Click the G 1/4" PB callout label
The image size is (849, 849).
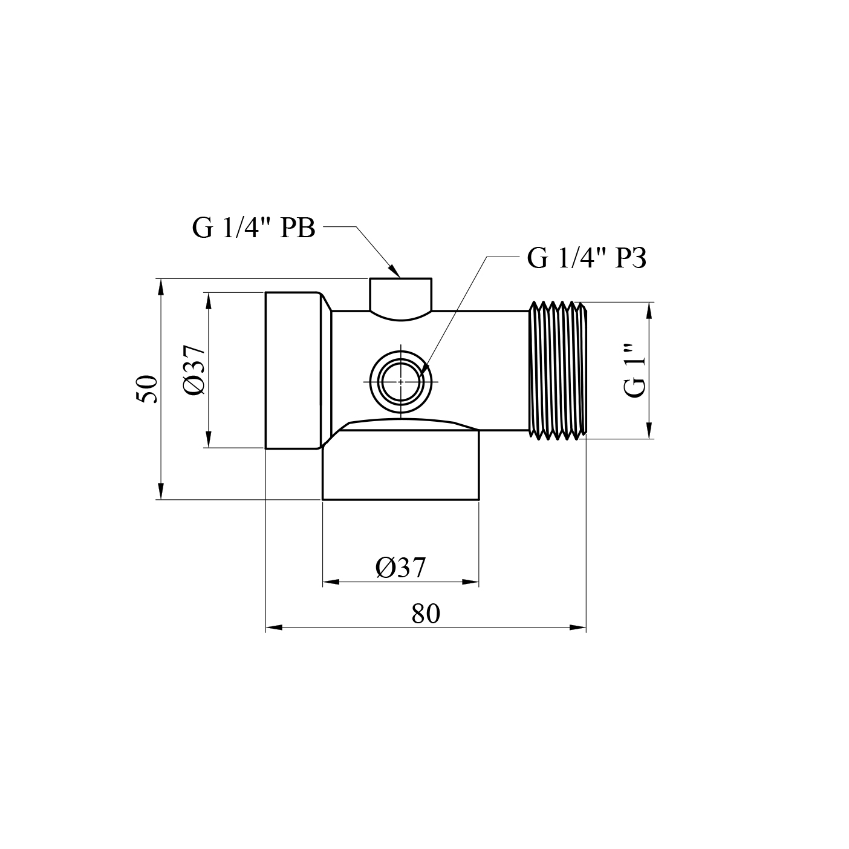click(253, 229)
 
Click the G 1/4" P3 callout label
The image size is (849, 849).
click(587, 258)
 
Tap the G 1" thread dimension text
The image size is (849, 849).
click(636, 370)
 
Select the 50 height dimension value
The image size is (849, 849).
click(147, 389)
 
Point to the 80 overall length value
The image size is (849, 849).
click(426, 614)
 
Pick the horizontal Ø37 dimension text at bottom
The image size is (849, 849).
click(400, 568)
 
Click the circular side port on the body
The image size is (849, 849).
click(400, 382)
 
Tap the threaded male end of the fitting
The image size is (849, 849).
click(558, 370)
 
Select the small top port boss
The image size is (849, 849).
click(400, 297)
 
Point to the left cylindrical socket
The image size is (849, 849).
click(293, 370)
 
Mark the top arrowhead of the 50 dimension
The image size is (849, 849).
click(161, 287)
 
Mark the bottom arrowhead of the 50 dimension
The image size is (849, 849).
click(161, 491)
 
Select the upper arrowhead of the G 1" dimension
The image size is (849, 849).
click(649, 310)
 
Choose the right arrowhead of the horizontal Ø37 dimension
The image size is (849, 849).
click(471, 582)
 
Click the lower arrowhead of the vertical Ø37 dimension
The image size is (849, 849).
click(208, 440)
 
